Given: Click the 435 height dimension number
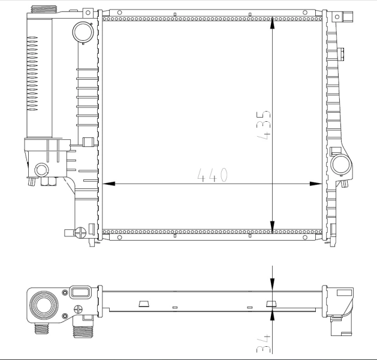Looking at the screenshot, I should coord(264,125).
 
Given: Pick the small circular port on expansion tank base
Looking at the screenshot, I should coord(41,170).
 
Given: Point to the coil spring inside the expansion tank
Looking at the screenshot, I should coord(33,75).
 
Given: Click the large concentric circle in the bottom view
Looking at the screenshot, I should coord(46,305).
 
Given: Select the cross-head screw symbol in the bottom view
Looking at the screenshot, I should coord(77,310).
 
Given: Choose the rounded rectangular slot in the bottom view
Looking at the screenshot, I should coord(79,293).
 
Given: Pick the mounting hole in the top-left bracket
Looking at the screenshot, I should coord(88,12).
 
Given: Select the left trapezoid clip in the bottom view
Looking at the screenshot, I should coord(144,303).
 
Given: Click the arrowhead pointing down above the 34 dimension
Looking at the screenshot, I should coord(273,287).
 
